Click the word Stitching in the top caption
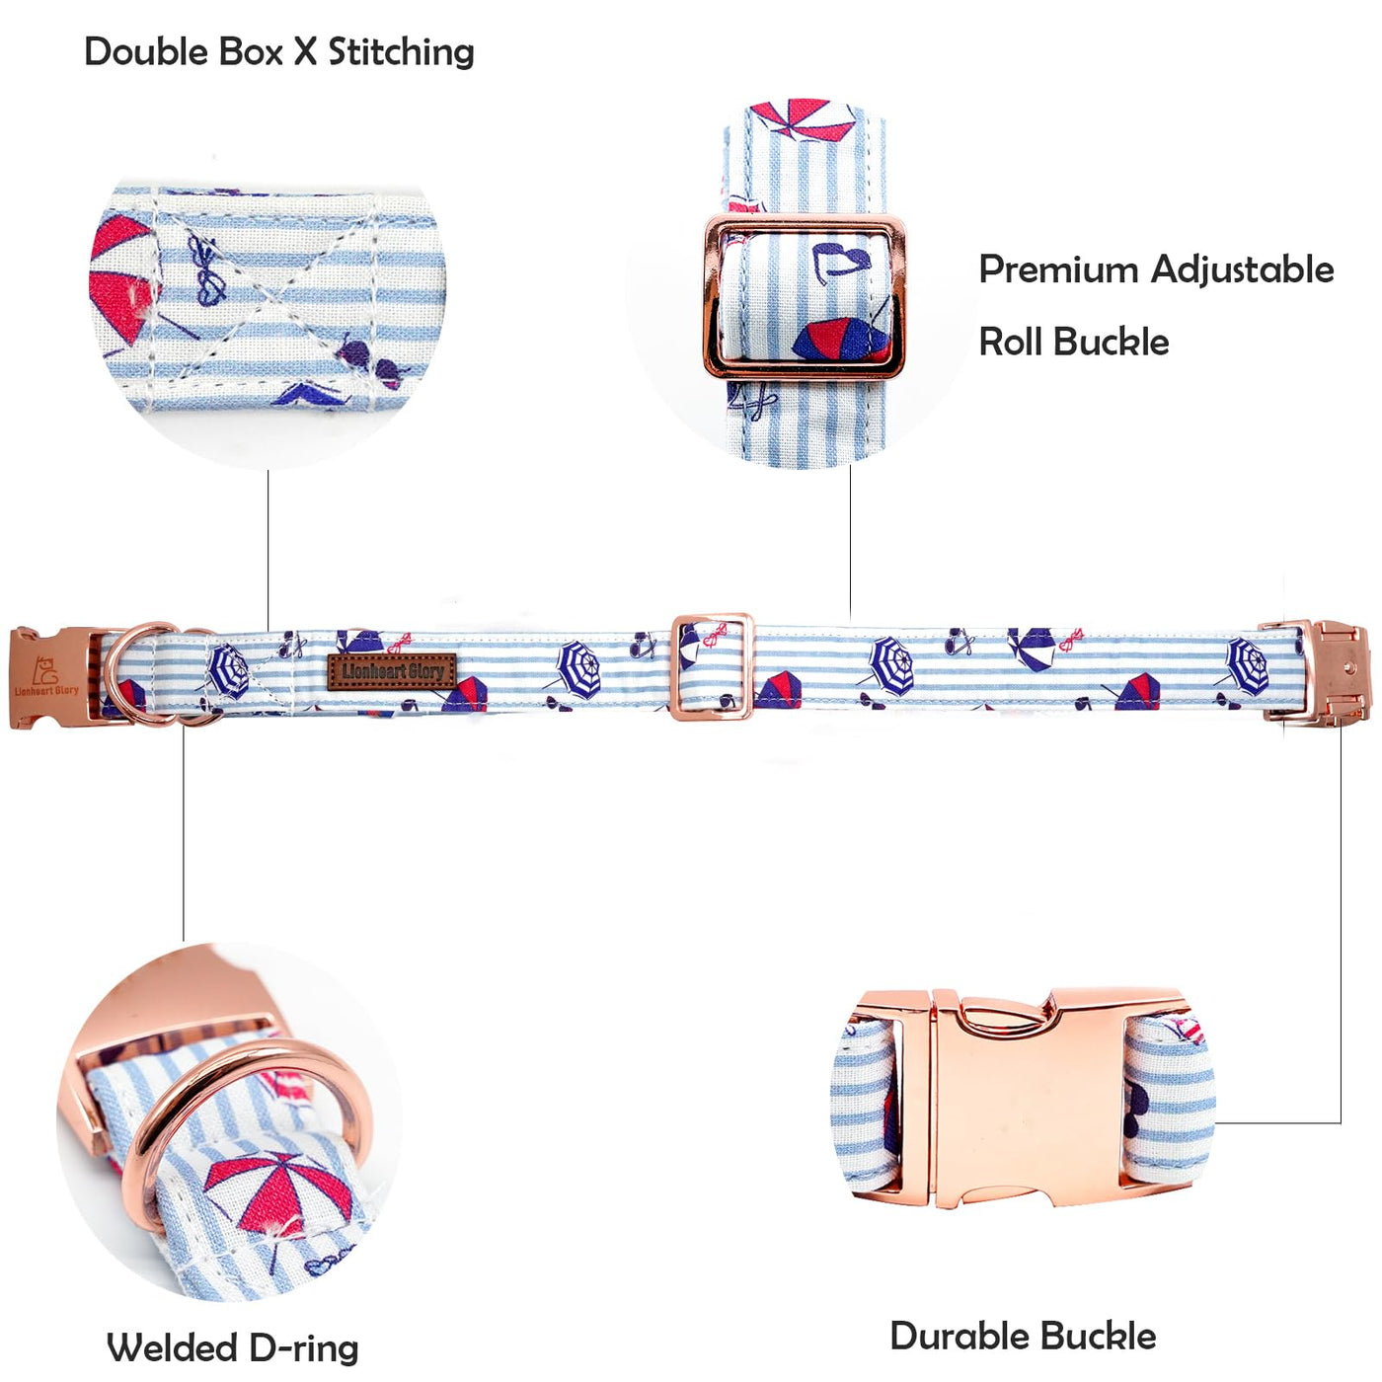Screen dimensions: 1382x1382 point(401,52)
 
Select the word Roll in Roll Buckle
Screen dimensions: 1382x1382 point(1011,343)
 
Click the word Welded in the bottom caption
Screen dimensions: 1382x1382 point(172,1347)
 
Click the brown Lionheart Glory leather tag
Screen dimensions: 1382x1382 point(392,671)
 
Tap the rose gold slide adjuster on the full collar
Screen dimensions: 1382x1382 point(712,666)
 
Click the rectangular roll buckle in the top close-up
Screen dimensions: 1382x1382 point(804,296)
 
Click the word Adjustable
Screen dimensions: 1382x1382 point(1243,269)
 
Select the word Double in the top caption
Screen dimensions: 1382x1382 point(146,52)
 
